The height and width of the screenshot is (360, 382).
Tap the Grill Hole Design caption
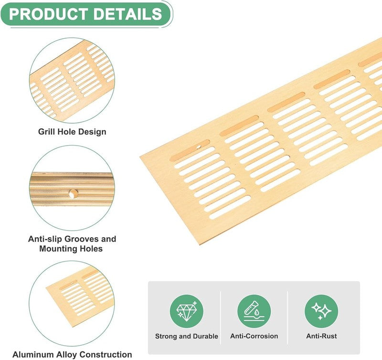tap(72, 131)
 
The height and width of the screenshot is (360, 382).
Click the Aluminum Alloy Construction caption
tap(72, 354)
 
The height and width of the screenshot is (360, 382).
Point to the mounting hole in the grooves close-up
tap(73, 194)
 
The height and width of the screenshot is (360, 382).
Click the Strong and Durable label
tap(186, 336)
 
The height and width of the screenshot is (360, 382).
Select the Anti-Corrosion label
tap(254, 336)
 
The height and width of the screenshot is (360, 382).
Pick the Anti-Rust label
tap(321, 336)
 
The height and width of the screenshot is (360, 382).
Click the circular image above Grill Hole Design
tap(72, 80)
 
